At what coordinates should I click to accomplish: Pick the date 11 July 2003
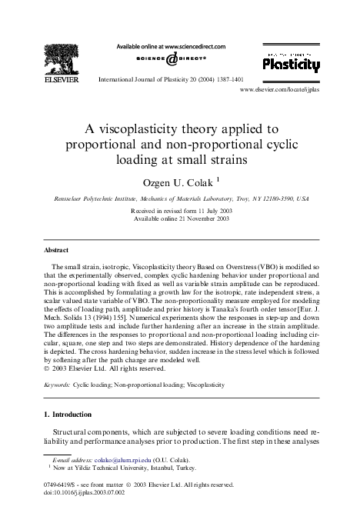[x=208, y=210]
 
